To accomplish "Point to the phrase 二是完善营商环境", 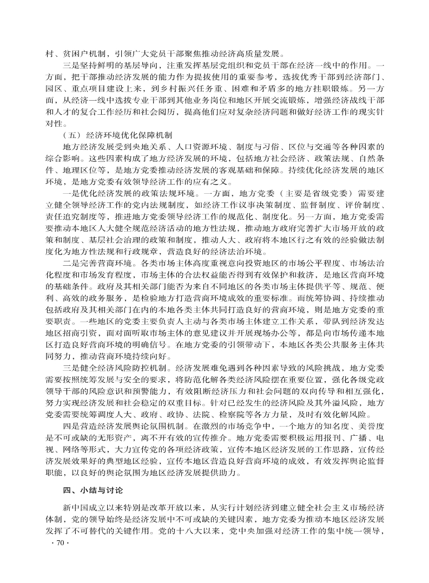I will click(x=98, y=263).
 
